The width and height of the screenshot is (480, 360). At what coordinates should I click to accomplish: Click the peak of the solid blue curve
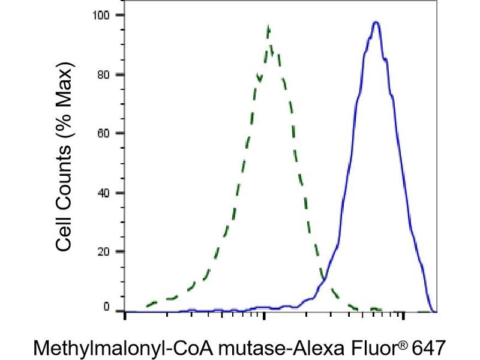coord(376,22)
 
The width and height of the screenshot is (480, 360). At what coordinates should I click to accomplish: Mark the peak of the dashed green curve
coord(268,27)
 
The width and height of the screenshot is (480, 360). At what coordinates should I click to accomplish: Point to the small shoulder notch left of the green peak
coord(259,76)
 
